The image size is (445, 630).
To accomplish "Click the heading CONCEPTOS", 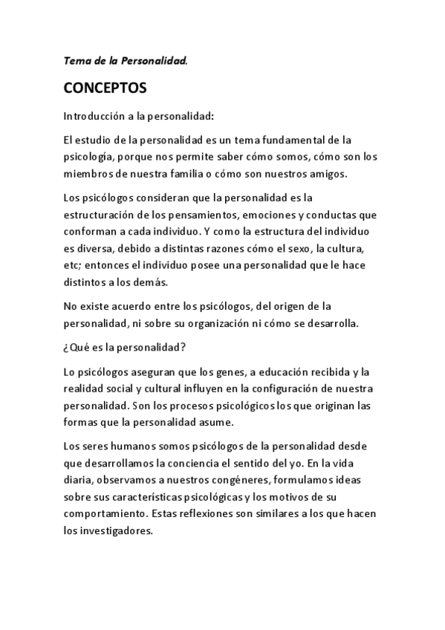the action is click(105, 88).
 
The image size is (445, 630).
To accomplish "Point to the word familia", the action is click(218, 174).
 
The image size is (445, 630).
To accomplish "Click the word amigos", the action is click(343, 174).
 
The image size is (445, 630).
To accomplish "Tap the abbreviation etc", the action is click(71, 265).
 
